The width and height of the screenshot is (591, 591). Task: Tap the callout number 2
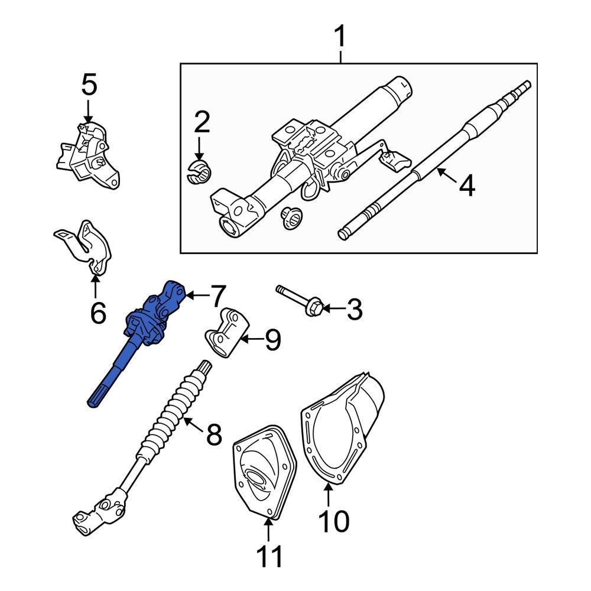pyautogui.click(x=202, y=122)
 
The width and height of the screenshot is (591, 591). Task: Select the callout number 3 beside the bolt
pyautogui.click(x=354, y=309)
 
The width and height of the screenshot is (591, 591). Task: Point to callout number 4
pyautogui.click(x=467, y=186)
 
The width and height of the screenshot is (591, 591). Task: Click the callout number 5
pyautogui.click(x=89, y=85)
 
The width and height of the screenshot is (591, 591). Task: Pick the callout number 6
pyautogui.click(x=98, y=311)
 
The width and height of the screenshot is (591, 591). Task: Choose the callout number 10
pyautogui.click(x=335, y=521)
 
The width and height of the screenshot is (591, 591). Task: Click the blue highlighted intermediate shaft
pyautogui.click(x=142, y=337)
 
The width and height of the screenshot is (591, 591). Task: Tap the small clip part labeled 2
pyautogui.click(x=199, y=171)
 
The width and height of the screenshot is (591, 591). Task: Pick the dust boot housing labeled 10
pyautogui.click(x=343, y=426)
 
